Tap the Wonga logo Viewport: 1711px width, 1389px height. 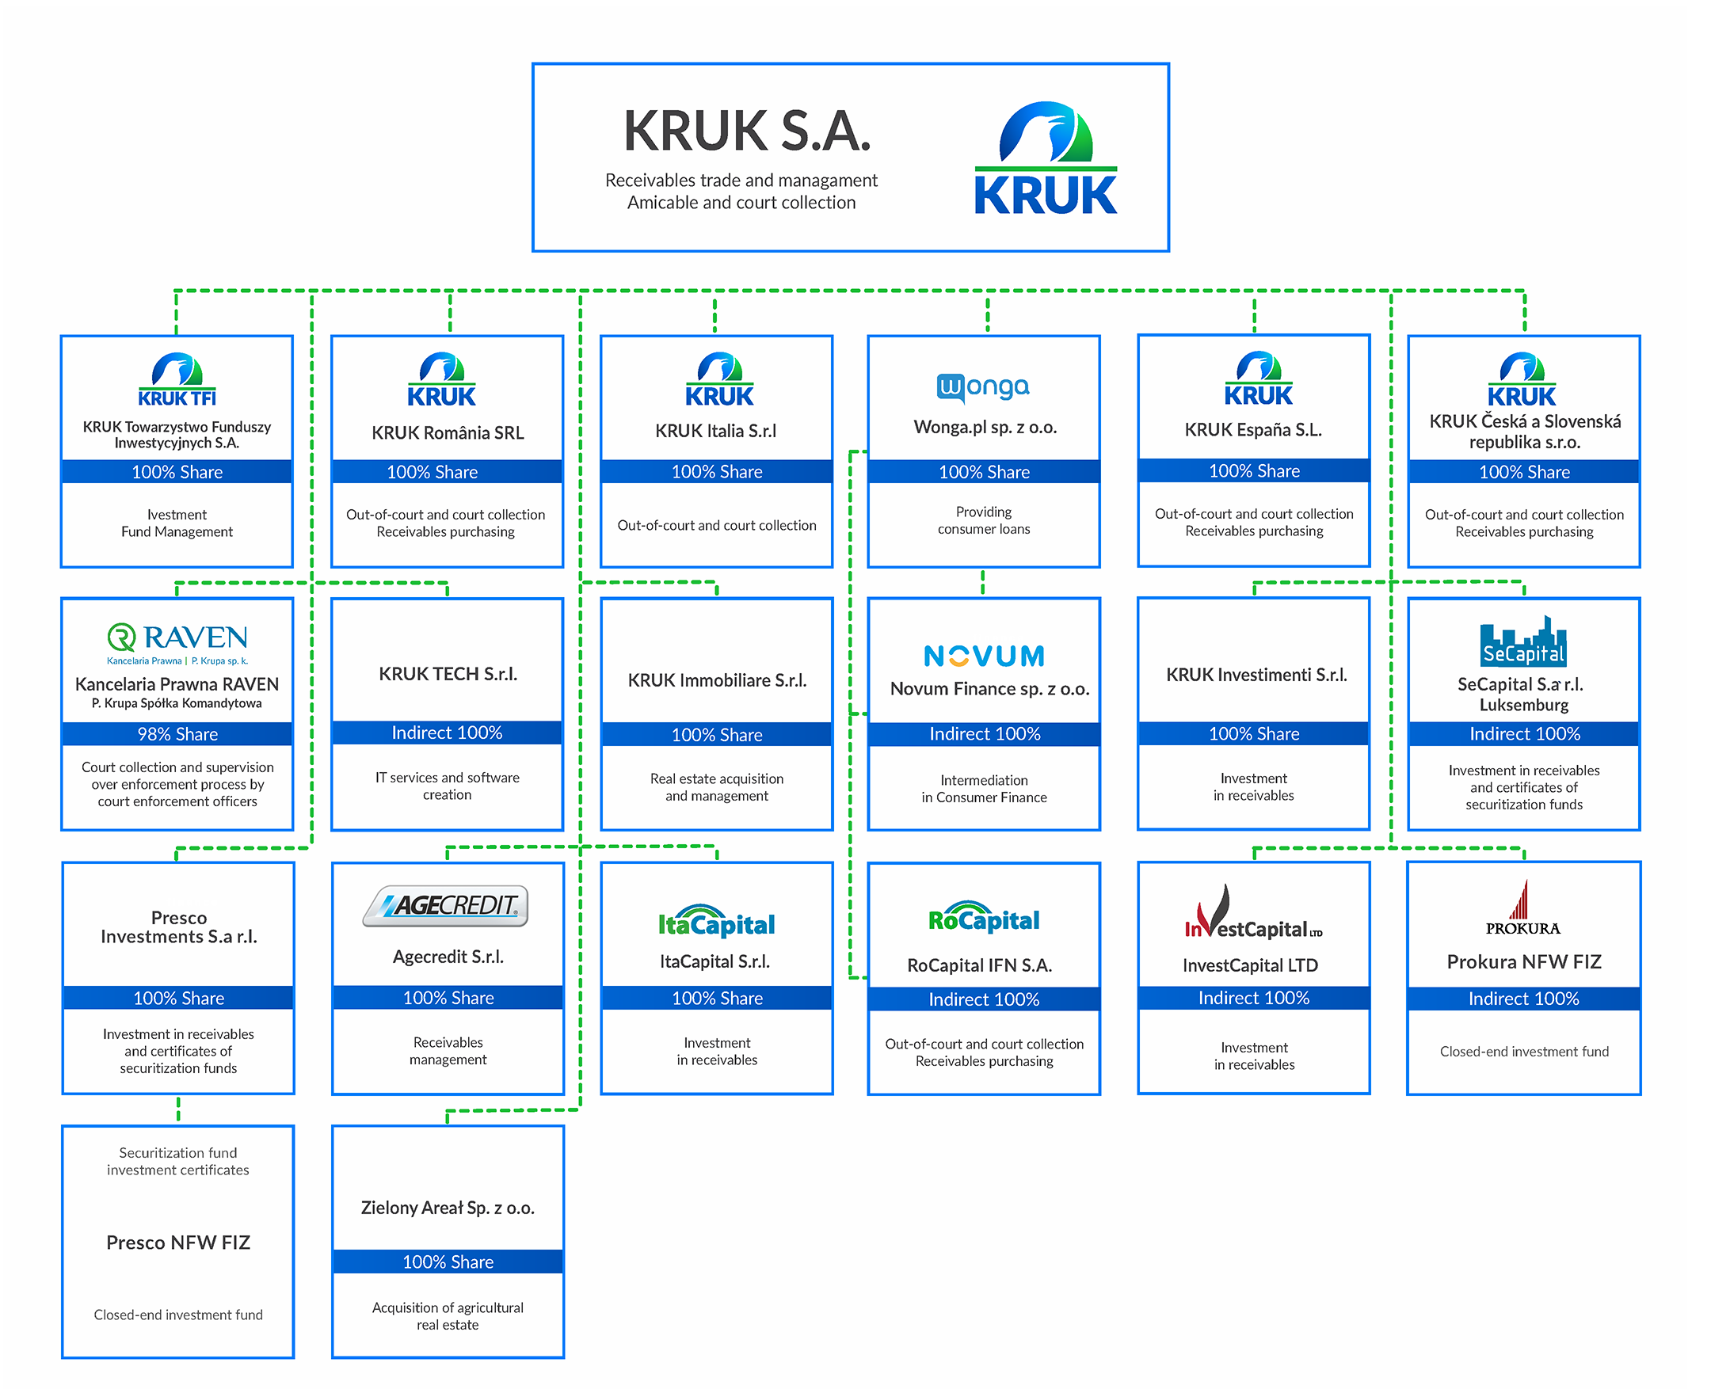click(x=983, y=387)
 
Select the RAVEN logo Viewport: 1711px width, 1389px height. click(x=177, y=642)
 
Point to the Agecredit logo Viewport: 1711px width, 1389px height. click(x=446, y=906)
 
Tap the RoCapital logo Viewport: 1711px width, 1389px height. click(x=984, y=919)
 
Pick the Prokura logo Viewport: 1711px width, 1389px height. click(x=1523, y=909)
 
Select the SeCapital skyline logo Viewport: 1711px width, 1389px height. click(x=1523, y=641)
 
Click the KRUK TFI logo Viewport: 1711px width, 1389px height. click(x=177, y=380)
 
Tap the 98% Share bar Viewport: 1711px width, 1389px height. click(x=177, y=734)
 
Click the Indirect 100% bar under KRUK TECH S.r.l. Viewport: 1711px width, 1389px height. click(x=448, y=733)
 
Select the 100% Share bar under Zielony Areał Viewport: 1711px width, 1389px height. click(x=448, y=1262)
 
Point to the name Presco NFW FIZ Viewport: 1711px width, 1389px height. click(x=178, y=1242)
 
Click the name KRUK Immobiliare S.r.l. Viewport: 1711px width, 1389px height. click(x=717, y=680)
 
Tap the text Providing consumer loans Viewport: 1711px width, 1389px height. click(x=984, y=520)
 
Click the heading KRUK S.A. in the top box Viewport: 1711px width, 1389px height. click(x=747, y=131)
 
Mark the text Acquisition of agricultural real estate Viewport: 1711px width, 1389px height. click(x=448, y=1316)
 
